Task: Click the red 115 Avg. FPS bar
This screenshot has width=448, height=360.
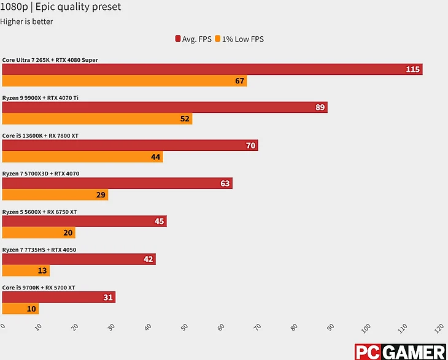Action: point(212,69)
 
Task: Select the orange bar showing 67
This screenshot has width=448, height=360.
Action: point(125,81)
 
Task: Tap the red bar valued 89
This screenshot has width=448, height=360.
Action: point(164,107)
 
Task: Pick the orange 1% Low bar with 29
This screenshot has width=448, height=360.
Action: point(55,195)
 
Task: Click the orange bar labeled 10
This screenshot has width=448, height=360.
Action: point(20,308)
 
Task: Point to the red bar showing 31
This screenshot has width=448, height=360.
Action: point(59,297)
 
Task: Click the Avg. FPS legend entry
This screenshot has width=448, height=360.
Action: point(193,39)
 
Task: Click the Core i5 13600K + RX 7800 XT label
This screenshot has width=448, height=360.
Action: point(41,136)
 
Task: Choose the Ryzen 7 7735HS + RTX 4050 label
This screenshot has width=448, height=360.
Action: point(39,250)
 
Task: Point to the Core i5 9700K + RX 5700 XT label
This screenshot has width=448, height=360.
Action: point(39,288)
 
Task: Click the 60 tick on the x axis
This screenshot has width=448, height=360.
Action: point(221,327)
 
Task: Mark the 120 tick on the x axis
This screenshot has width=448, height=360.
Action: point(438,329)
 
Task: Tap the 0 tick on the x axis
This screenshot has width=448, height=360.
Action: point(3,326)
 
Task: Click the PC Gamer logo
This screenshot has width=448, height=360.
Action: point(400,352)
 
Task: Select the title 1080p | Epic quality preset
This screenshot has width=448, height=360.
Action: point(61,7)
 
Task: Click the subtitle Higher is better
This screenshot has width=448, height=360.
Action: point(26,21)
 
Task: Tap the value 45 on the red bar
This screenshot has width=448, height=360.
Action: point(159,221)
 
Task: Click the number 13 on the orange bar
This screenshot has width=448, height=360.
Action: point(42,270)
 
